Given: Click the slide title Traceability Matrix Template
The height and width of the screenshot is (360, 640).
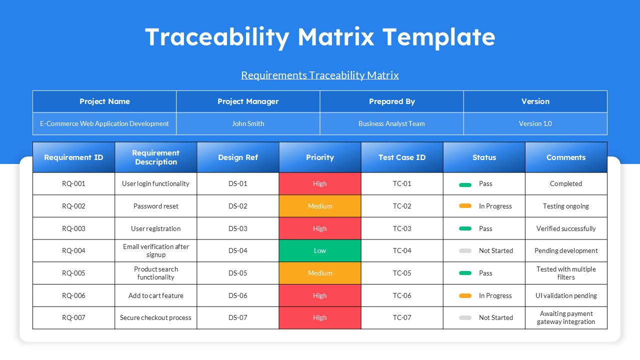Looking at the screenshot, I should [320, 37].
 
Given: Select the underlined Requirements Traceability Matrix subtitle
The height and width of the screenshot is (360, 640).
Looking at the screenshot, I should [320, 75].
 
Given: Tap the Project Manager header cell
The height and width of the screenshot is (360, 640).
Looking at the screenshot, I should [248, 101].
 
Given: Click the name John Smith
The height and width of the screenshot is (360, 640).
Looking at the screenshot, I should [248, 123].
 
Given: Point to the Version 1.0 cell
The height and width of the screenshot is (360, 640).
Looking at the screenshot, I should [535, 123].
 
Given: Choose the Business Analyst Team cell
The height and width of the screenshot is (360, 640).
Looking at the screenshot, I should [391, 123].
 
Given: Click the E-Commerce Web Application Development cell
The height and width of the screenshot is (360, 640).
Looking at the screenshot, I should [104, 123].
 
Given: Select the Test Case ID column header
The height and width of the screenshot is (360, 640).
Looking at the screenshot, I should [402, 157].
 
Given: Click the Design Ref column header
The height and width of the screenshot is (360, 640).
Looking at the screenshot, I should [238, 157].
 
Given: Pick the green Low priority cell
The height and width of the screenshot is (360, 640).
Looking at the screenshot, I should [320, 250].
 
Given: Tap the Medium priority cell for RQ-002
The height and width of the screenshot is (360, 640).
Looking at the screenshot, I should [320, 206].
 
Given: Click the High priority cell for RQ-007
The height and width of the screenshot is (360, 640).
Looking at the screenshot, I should [320, 317].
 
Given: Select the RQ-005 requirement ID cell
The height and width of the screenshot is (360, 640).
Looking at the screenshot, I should [73, 273].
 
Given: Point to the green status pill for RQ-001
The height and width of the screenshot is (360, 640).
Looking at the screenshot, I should [465, 184].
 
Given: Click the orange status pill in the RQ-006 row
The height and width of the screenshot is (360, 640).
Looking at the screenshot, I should [465, 296].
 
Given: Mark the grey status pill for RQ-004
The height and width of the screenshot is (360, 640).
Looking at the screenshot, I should [465, 251].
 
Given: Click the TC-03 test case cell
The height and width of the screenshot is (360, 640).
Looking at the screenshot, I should [402, 228].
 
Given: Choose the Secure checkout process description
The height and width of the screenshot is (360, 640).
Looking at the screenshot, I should [155, 317].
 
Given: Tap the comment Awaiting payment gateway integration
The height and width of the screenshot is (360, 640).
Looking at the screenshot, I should [566, 317].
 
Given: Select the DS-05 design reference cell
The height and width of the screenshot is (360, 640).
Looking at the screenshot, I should [238, 273].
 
